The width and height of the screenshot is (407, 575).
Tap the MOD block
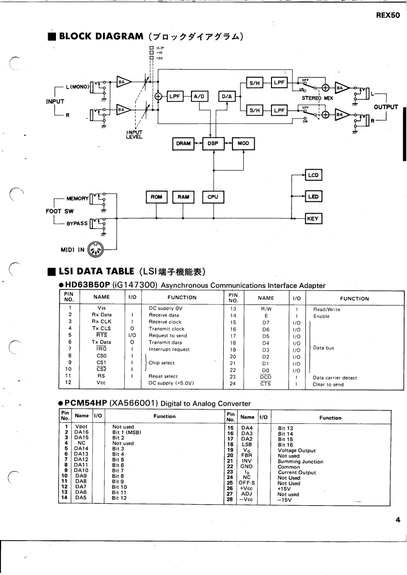pos(243,144)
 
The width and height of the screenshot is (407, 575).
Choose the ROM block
pos(156,196)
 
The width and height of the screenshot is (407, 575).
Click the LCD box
pos(314,175)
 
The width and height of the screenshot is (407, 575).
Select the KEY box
pos(313,219)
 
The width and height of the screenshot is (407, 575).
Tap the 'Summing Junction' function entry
pos(300,462)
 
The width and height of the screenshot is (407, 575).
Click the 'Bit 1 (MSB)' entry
pos(126,433)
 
